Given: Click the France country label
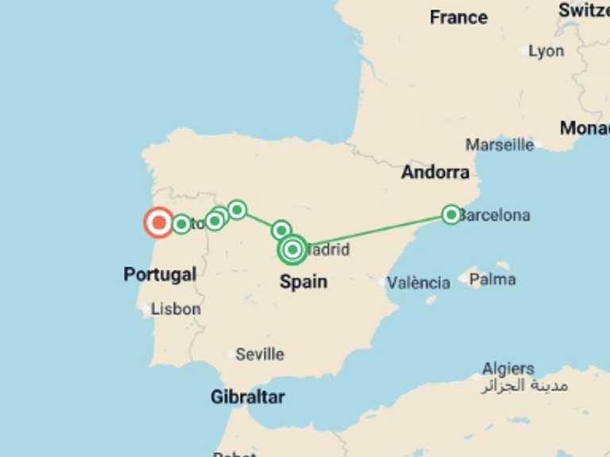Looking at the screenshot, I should [458, 17].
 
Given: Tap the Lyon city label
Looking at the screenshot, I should [546, 51].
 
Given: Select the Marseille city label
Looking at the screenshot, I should [500, 145].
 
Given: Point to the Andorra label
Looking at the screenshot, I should [434, 172].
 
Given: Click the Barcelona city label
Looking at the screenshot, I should [495, 215].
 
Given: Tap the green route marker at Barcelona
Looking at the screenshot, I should [451, 214].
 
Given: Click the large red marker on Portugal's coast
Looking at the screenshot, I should [159, 223].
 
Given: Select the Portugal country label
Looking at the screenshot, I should [160, 275].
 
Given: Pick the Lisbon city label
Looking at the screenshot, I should [176, 309].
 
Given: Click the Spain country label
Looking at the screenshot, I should [303, 282].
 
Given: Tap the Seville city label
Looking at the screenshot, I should [260, 354].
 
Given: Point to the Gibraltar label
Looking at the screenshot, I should [247, 397].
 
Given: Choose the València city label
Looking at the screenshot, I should [419, 282].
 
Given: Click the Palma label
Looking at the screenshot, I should [492, 279].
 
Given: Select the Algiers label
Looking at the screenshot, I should [508, 369].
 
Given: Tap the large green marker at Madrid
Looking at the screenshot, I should [293, 250].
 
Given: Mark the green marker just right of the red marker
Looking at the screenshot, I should [181, 224].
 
